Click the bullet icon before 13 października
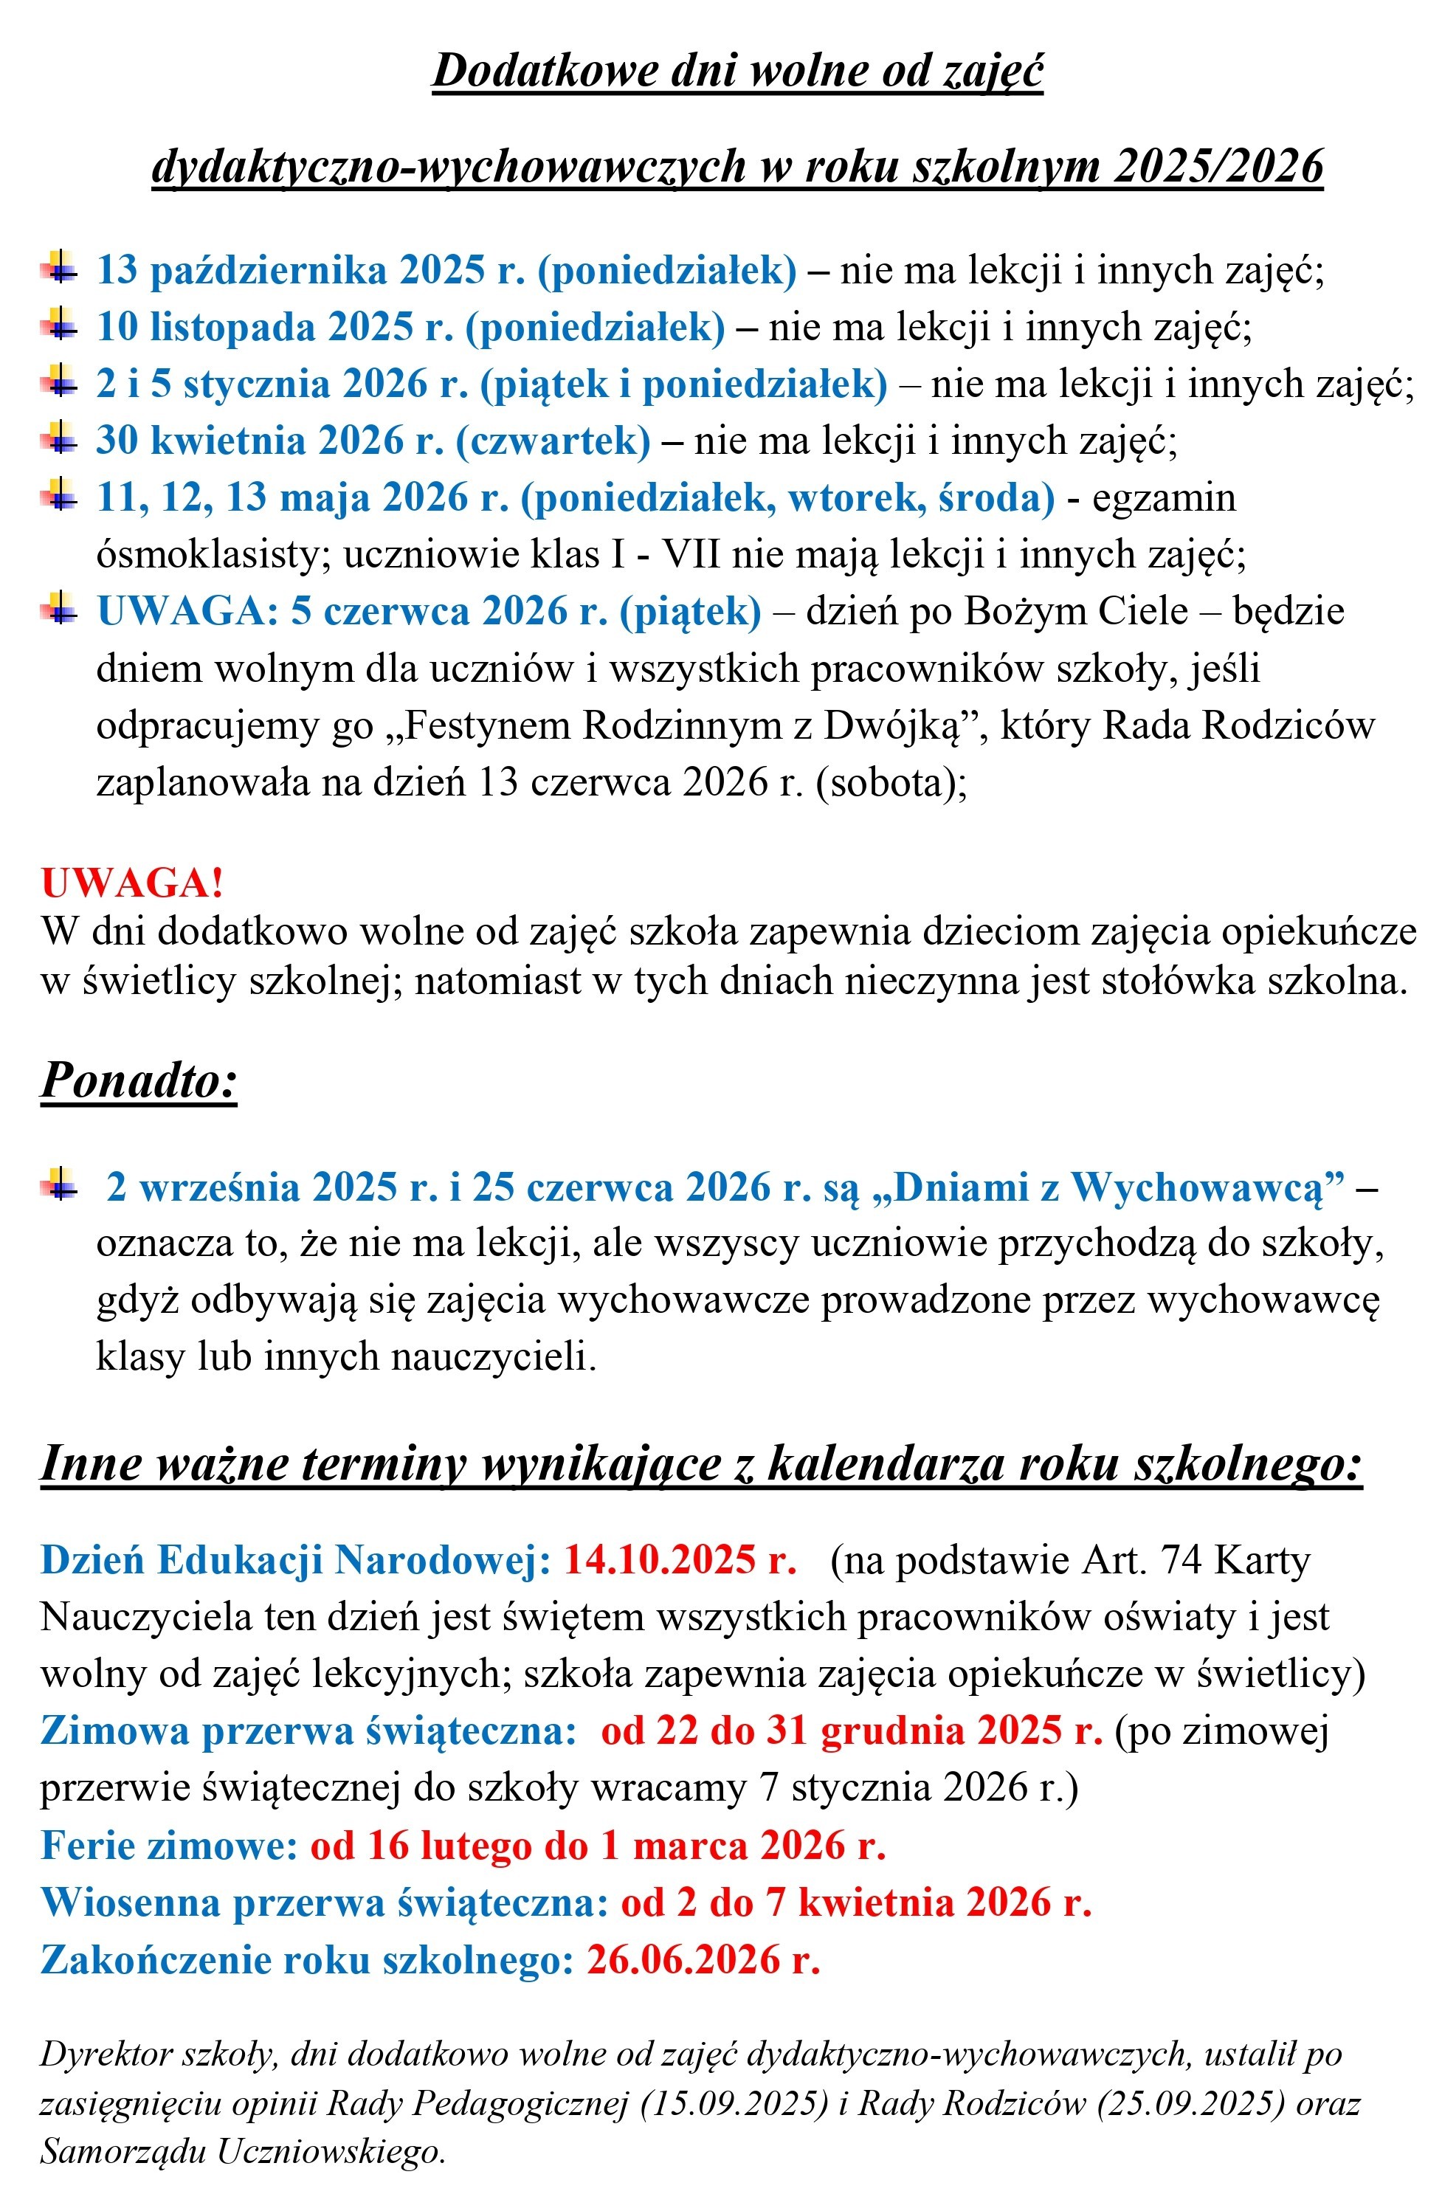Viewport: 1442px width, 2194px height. point(58,269)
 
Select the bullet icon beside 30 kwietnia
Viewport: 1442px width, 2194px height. point(58,439)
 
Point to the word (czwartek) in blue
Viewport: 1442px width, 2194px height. point(553,441)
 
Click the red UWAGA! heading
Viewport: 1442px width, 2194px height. point(132,883)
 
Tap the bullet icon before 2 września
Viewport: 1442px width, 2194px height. point(58,1185)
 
